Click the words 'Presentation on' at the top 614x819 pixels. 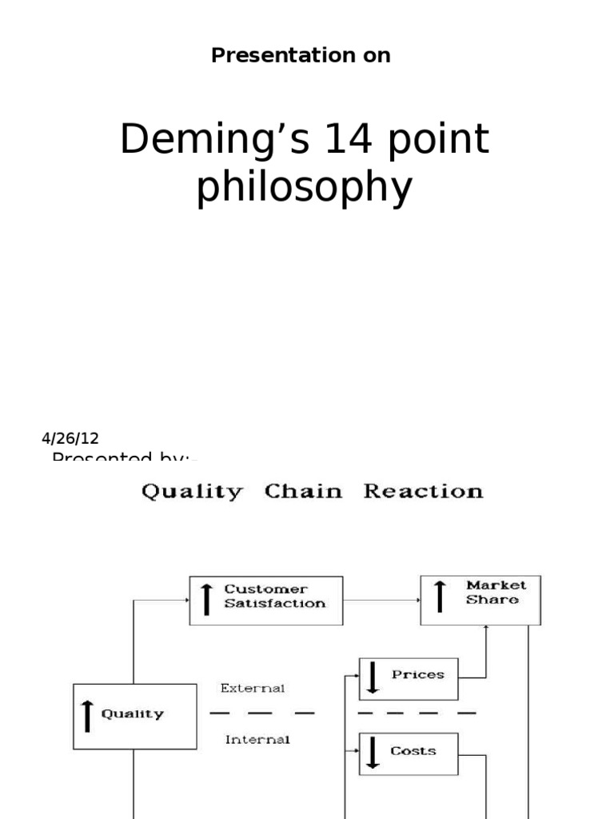[301, 55]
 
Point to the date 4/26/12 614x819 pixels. [70, 438]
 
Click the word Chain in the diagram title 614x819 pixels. [302, 491]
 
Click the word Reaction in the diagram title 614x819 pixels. [423, 491]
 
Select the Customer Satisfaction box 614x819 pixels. [266, 600]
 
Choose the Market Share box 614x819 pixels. [480, 599]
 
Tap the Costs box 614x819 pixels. [409, 753]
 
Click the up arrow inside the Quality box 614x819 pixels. [87, 715]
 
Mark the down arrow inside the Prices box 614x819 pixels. [372, 678]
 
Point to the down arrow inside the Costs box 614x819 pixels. [372, 753]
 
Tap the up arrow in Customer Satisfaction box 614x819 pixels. [206, 599]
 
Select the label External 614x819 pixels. [253, 687]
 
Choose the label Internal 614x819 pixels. [257, 740]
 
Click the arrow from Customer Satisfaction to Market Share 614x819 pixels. [381, 599]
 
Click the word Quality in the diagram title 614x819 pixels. [192, 491]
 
